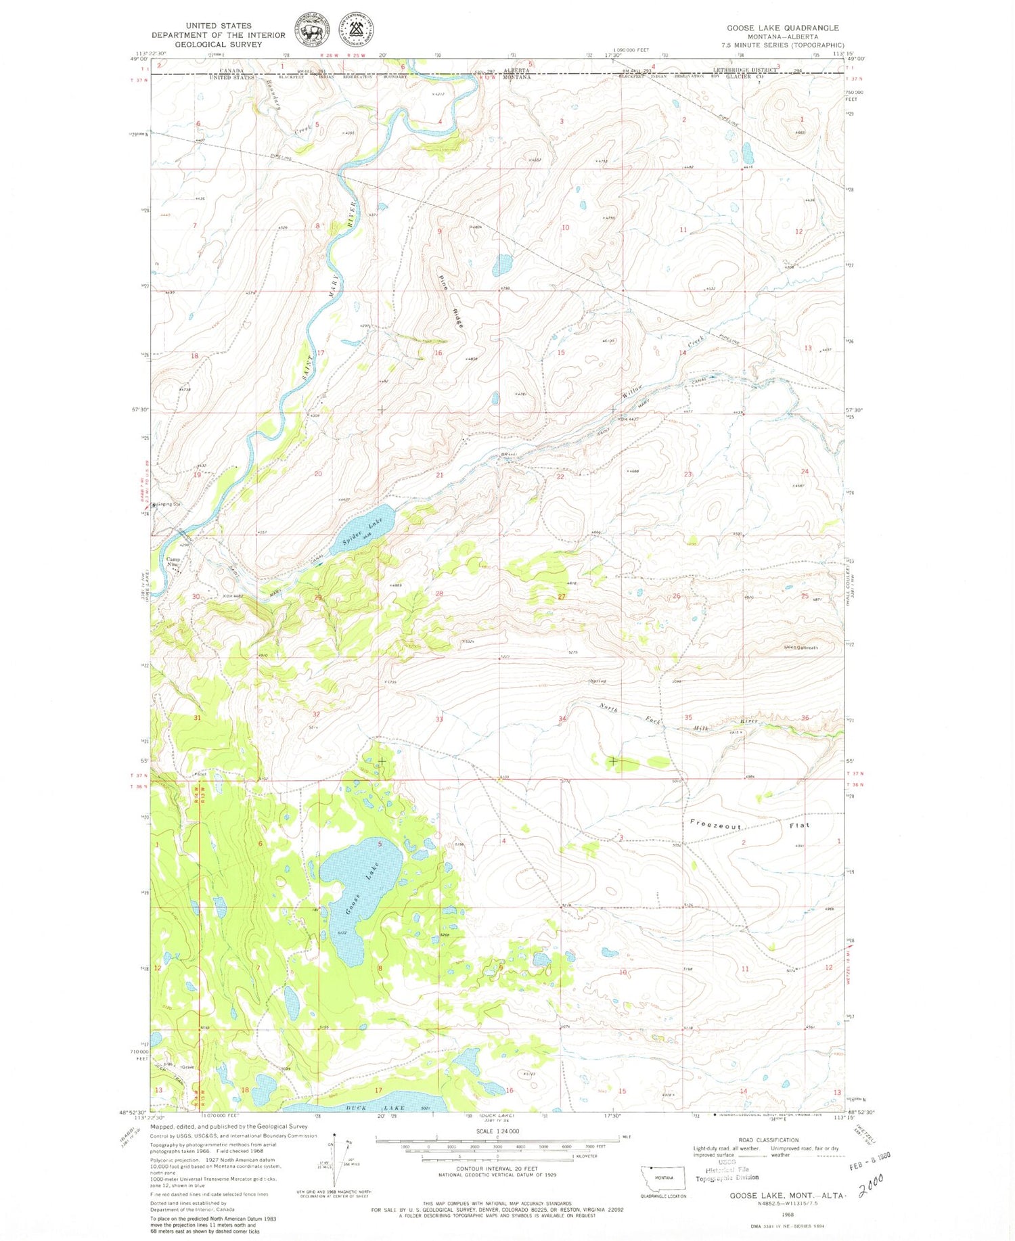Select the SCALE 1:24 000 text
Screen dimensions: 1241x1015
[498, 1131]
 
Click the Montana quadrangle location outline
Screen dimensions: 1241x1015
[663, 1177]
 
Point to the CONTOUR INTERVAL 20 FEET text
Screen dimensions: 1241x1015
[497, 1168]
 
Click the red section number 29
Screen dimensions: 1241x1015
[318, 597]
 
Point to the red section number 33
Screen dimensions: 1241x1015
[439, 719]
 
